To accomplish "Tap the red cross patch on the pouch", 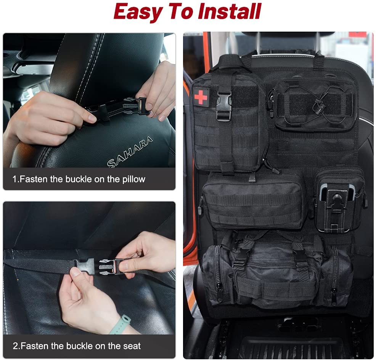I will tap(201, 97).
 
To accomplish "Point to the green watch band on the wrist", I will tap(121, 324).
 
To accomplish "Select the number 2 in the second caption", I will tap(15, 346).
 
